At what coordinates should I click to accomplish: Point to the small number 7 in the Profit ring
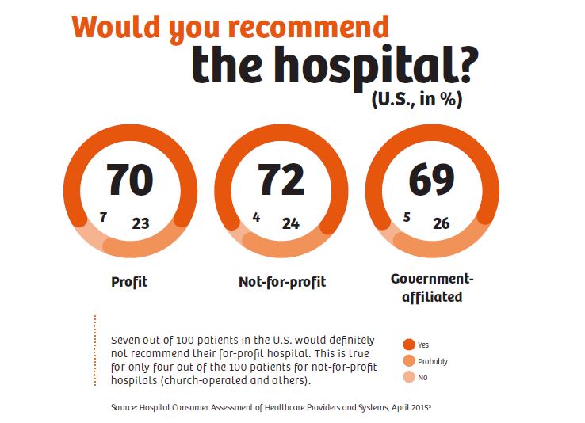click(x=104, y=216)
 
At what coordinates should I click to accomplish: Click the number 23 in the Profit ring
click(x=140, y=223)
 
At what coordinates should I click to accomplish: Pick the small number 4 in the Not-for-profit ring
click(x=255, y=216)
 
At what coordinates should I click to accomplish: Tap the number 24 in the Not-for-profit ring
click(x=291, y=223)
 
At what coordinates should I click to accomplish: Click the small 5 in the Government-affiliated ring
click(x=406, y=216)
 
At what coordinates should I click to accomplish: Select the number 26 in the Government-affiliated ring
click(x=441, y=223)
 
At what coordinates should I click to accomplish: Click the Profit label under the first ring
click(x=129, y=282)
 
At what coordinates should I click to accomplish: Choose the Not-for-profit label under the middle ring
click(x=282, y=282)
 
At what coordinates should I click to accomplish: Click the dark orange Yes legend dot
click(x=409, y=345)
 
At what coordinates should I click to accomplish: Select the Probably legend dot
click(x=409, y=361)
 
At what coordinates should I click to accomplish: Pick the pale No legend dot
click(x=409, y=377)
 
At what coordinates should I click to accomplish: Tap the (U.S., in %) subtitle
click(x=416, y=101)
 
